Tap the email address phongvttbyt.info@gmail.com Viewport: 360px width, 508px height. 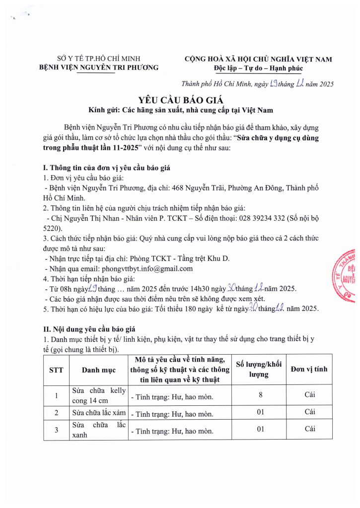pos(144,268)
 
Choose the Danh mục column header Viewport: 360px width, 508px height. pos(99,370)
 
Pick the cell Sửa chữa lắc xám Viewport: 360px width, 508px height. pos(98,412)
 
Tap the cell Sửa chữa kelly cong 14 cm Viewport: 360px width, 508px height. pos(99,395)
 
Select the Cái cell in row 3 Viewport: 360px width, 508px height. pos(309,429)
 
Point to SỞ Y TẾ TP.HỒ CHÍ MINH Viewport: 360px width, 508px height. pos(98,59)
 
